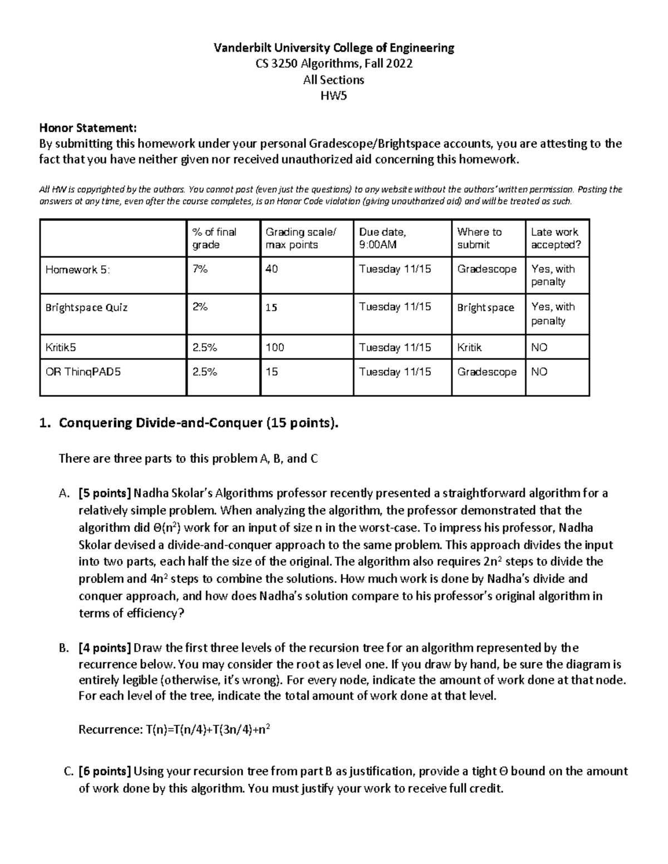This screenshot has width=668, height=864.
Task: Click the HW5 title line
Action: tap(333, 96)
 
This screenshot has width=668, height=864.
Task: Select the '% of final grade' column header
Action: tap(214, 238)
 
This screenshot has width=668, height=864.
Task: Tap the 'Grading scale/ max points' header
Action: tap(301, 238)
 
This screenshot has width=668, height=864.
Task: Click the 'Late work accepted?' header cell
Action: tap(554, 238)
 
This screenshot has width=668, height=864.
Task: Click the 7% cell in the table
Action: tap(200, 269)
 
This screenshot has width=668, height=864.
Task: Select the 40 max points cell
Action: tap(272, 269)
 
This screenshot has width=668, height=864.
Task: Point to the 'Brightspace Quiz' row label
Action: tap(86, 308)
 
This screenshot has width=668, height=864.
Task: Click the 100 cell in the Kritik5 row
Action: tap(274, 348)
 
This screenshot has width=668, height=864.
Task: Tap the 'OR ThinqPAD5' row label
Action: tap(83, 372)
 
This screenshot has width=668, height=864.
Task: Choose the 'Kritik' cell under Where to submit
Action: tap(469, 348)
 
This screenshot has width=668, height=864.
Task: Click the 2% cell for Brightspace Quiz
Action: tap(200, 307)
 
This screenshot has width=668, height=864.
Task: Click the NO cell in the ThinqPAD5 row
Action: tap(539, 372)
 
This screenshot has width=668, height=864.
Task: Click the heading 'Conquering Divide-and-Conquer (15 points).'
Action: tap(198, 423)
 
